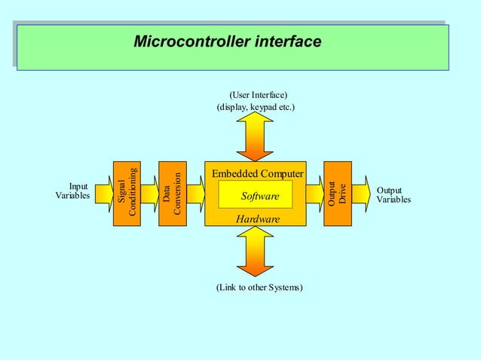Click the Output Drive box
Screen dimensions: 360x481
click(337, 194)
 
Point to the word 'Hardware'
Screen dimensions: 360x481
click(257, 218)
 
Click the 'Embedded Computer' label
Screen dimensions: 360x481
click(257, 174)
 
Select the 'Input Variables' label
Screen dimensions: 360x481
click(73, 191)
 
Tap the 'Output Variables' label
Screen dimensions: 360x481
click(394, 195)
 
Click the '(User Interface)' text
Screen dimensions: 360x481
click(258, 95)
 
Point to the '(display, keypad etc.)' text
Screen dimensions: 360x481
click(256, 108)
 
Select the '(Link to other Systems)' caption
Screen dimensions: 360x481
click(259, 288)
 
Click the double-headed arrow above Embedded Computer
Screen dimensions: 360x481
click(255, 137)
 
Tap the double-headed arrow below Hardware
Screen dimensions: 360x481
click(255, 252)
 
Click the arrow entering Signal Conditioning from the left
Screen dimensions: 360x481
click(103, 194)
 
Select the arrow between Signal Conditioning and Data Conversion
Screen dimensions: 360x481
click(150, 194)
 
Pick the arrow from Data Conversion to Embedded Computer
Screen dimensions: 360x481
click(195, 194)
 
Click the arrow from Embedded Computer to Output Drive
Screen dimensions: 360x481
click(314, 194)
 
